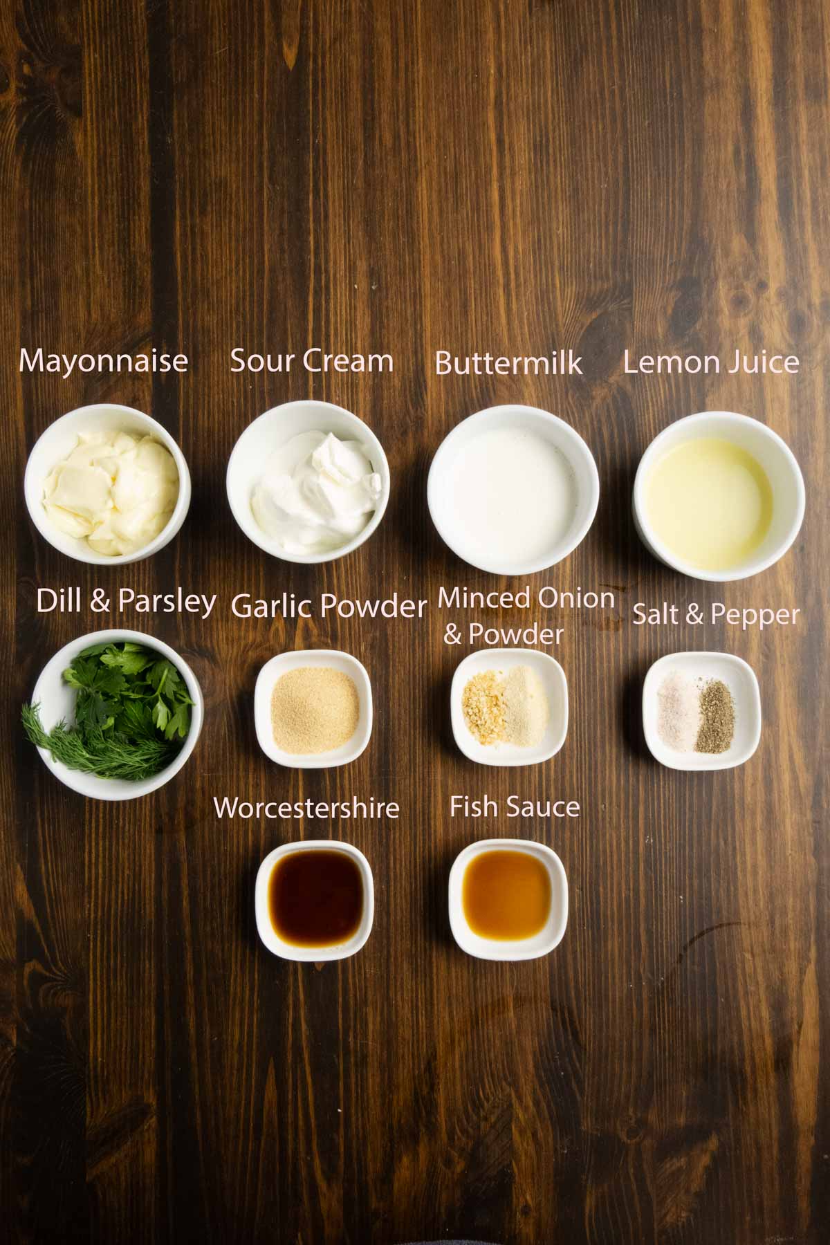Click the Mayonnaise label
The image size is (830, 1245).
click(x=104, y=361)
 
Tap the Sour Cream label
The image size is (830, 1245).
click(x=311, y=360)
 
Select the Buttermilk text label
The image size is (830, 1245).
click(x=508, y=363)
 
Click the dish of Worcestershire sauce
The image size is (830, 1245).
click(x=315, y=897)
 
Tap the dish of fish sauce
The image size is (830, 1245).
click(x=508, y=898)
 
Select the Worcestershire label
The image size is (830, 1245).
click(x=306, y=808)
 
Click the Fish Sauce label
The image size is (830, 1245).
click(x=515, y=806)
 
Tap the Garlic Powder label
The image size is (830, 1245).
click(x=329, y=607)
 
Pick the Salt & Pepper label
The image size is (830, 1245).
click(x=716, y=614)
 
